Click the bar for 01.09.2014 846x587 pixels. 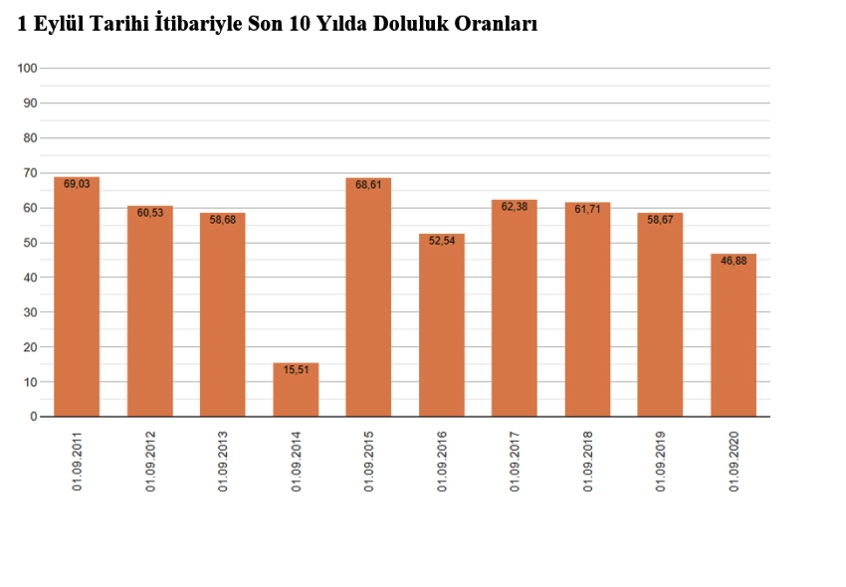click(296, 390)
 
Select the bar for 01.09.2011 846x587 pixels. click(77, 298)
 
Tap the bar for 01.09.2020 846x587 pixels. click(734, 336)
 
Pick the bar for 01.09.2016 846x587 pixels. click(442, 326)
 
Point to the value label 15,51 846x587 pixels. click(296, 371)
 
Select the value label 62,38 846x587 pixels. click(515, 207)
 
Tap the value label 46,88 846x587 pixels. click(734, 262)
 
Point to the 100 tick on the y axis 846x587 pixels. click(27, 68)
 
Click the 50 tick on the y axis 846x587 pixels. click(30, 243)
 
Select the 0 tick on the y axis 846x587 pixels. click(33, 417)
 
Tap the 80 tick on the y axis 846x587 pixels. click(30, 138)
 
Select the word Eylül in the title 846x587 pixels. click(58, 25)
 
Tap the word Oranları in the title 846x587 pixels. click(496, 25)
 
